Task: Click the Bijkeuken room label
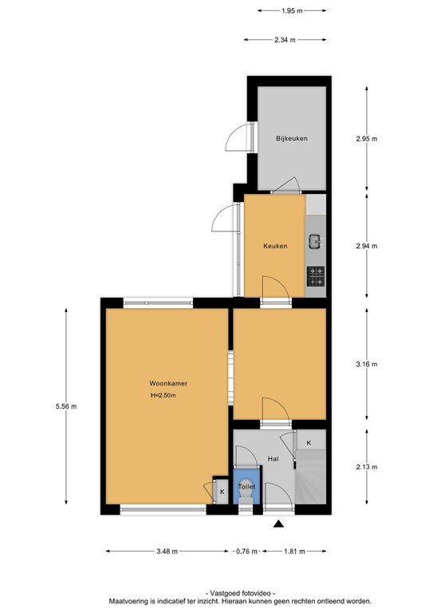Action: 292,138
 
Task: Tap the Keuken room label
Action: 275,246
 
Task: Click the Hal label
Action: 273,459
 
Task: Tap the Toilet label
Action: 246,486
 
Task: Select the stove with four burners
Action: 316,276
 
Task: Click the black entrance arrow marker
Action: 278,524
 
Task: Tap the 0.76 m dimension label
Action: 247,551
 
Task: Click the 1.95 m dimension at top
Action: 293,10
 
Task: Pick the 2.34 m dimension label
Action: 285,40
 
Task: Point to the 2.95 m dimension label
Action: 366,138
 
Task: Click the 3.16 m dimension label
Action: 366,364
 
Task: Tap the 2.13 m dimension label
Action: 366,467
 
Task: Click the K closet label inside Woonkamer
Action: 222,492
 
